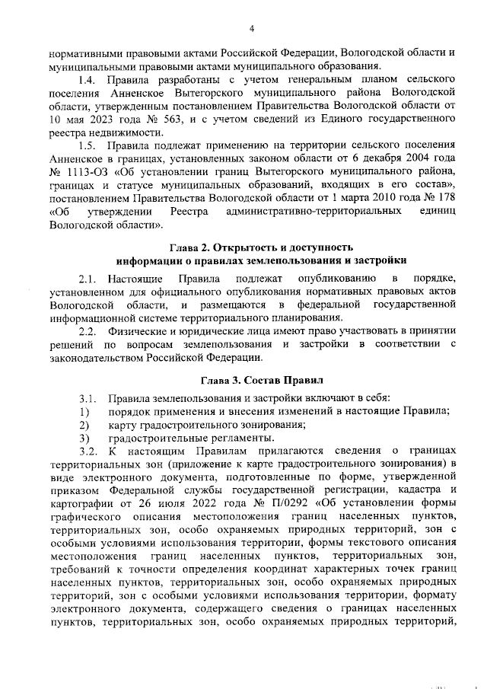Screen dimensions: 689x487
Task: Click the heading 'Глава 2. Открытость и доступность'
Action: (x=260, y=247)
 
